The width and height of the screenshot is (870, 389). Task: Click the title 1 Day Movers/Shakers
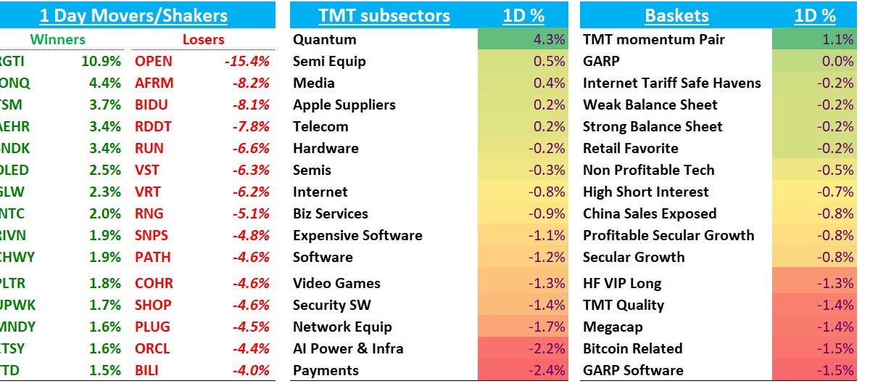133,15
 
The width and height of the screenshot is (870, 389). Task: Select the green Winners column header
57,39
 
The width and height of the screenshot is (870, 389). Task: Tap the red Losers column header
203,39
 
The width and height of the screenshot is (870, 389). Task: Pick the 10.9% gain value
101,61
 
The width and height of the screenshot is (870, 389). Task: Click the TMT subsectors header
384,15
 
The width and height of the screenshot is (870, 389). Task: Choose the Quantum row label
324,39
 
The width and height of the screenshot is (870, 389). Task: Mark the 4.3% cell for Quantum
549,39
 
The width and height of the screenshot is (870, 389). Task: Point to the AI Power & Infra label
347,348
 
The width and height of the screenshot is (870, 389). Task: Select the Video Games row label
336,283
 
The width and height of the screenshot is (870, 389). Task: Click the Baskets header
676,15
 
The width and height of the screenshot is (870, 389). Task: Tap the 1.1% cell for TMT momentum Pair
838,39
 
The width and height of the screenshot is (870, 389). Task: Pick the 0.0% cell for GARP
838,61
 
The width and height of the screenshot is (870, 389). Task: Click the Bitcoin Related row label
632,348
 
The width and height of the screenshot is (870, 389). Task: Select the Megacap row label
613,327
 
